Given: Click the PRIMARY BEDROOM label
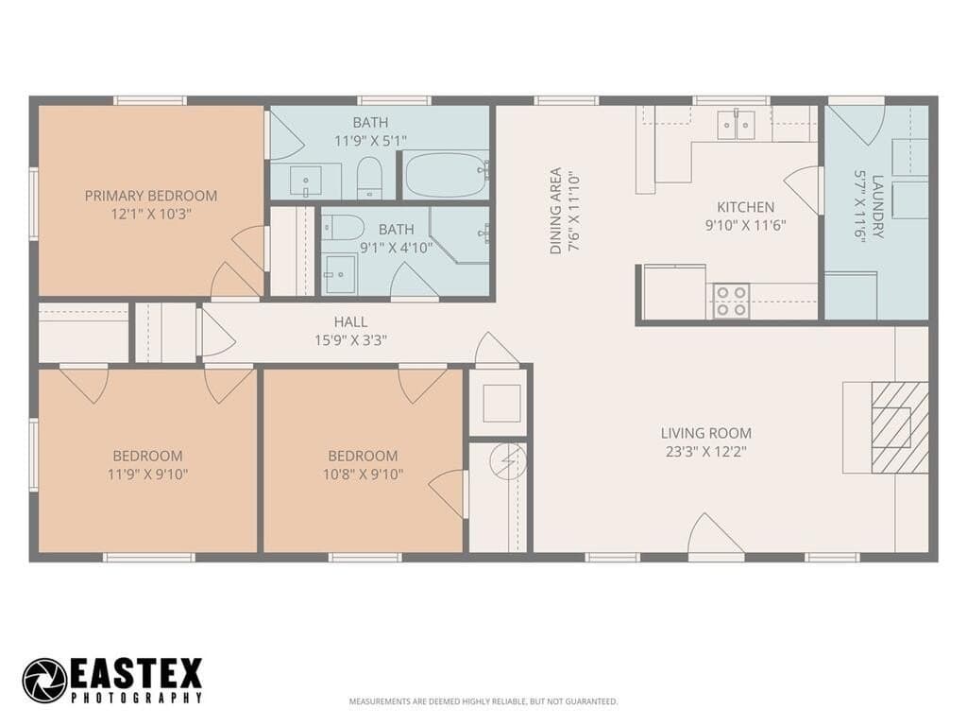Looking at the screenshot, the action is [151, 196].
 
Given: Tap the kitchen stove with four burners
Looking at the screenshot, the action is [732, 302].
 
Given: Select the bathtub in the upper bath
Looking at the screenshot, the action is [447, 175].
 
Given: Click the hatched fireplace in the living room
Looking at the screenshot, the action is [899, 427].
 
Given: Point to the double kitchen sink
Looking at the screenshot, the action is [737, 126].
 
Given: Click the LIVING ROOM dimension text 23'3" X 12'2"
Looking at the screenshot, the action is [706, 451].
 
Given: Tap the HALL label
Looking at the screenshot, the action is [351, 321].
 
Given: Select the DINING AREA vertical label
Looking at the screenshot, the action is [555, 211].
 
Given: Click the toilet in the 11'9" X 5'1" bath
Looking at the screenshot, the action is [369, 177].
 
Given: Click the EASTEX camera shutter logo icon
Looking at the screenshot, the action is [45, 681].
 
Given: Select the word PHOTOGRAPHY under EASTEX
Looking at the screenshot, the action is [137, 698].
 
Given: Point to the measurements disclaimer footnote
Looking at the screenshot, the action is [483, 701].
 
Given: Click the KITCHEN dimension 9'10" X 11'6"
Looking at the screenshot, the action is [746, 225].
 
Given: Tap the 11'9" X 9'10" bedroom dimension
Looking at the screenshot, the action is [147, 475].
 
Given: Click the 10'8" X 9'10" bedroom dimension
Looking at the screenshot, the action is [363, 475].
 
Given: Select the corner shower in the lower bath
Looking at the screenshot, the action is [460, 235].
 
